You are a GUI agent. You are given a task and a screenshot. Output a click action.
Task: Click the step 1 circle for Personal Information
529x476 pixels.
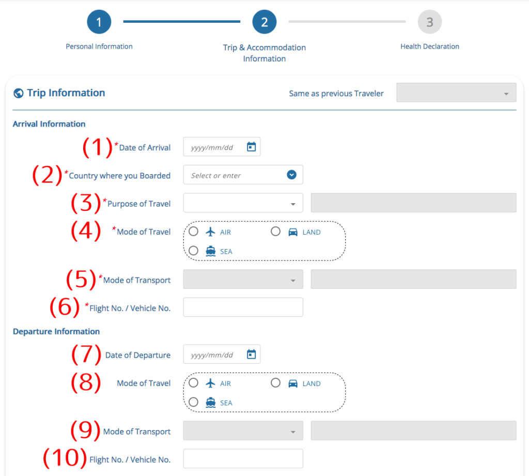(99, 22)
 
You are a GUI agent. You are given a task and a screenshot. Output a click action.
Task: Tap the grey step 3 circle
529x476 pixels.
(429, 22)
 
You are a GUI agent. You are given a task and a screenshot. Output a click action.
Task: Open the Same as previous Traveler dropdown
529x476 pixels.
(456, 93)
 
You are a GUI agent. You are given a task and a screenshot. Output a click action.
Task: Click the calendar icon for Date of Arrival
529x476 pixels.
(252, 147)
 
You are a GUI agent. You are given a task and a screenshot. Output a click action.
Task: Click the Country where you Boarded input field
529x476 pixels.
(243, 175)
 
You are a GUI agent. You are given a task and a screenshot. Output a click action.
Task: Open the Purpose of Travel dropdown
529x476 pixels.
(243, 203)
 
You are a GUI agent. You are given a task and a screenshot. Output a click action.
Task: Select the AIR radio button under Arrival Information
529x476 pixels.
(193, 231)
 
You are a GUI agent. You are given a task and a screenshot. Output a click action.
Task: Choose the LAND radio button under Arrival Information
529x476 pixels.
(276, 231)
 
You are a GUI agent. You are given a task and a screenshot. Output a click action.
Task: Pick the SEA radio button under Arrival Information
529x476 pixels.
(193, 251)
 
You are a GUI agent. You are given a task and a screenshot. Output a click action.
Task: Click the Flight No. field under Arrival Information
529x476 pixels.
(243, 307)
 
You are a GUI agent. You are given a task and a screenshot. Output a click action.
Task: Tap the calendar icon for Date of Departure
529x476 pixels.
(252, 354)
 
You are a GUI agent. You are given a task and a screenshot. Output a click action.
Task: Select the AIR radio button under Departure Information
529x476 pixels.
(193, 383)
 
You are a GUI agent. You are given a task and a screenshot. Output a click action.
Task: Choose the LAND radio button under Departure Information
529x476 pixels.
(276, 383)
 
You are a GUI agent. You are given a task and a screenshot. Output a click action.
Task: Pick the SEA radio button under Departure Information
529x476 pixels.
(193, 402)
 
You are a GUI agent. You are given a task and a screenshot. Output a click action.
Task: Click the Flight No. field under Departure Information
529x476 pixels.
(243, 458)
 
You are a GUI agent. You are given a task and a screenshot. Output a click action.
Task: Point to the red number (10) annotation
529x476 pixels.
(65, 458)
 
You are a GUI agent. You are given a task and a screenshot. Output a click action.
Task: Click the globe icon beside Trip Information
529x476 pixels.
(19, 93)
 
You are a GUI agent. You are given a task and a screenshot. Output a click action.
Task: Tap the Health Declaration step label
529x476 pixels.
(429, 47)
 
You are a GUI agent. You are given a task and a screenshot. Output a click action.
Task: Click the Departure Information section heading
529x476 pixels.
(56, 331)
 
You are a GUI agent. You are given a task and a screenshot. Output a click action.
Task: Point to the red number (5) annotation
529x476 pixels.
(81, 279)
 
